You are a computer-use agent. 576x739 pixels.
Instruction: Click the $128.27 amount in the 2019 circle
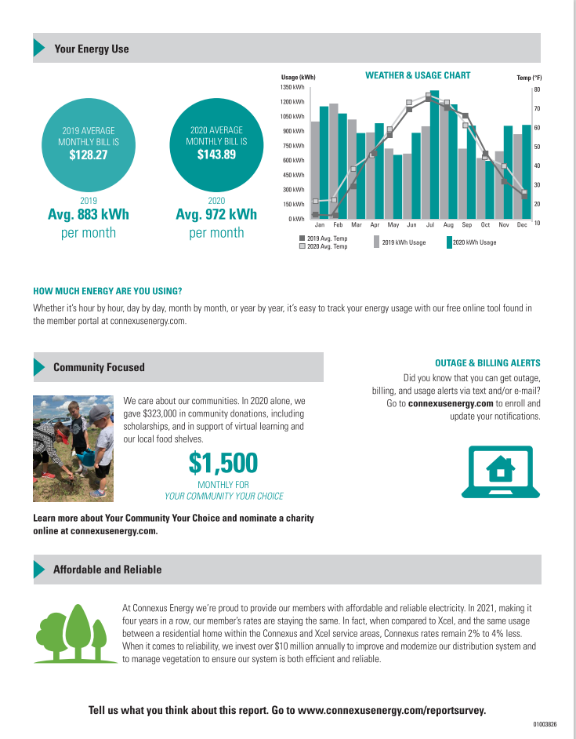tap(88, 155)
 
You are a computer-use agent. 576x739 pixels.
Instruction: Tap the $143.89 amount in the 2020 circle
tap(216, 155)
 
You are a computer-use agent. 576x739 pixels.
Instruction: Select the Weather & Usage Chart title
tap(418, 75)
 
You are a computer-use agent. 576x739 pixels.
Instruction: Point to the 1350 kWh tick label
tap(293, 88)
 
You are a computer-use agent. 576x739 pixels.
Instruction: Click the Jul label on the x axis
tap(430, 225)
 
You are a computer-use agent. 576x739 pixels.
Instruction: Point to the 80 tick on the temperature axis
tap(537, 90)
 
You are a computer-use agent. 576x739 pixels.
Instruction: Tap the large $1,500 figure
tap(223, 463)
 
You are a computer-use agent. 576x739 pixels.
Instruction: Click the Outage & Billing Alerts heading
tap(487, 363)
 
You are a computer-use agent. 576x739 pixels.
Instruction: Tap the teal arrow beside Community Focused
tap(38, 367)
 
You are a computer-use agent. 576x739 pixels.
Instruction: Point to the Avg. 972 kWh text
tap(216, 214)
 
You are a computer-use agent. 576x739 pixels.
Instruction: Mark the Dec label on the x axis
tap(522, 225)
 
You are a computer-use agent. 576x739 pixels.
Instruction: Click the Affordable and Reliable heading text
tap(107, 570)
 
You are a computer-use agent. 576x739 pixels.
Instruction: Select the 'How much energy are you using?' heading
tap(107, 291)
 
